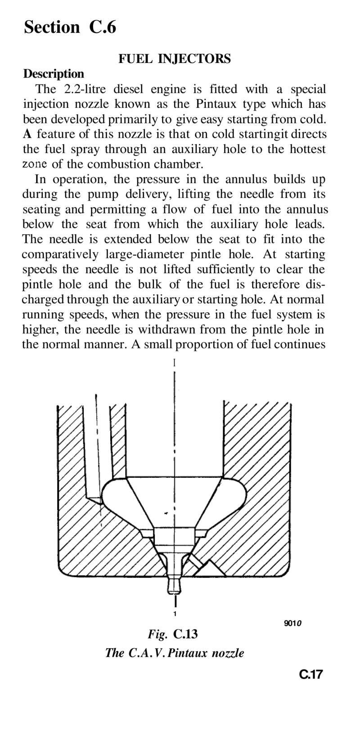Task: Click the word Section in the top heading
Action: click(52, 28)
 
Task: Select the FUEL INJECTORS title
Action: click(174, 59)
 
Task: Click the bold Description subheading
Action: click(54, 73)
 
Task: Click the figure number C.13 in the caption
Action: click(185, 634)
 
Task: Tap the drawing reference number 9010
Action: click(292, 624)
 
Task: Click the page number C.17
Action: click(311, 674)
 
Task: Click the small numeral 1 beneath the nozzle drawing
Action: click(174, 614)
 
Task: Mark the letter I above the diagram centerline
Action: click(174, 362)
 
